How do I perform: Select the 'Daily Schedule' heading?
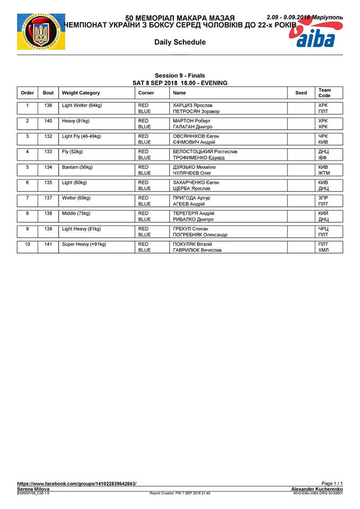click(x=180, y=42)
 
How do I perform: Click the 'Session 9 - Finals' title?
click(x=180, y=76)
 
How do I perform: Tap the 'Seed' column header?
click(x=301, y=93)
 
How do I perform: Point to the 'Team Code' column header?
click(x=324, y=93)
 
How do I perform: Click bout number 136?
click(x=48, y=106)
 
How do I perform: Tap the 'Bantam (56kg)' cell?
click(x=77, y=167)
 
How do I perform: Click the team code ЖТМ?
click(x=323, y=173)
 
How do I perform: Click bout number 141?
click(x=48, y=244)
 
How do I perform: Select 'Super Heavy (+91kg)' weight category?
click(x=84, y=244)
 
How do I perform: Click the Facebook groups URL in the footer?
click(x=77, y=484)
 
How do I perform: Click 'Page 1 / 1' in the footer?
click(x=332, y=484)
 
